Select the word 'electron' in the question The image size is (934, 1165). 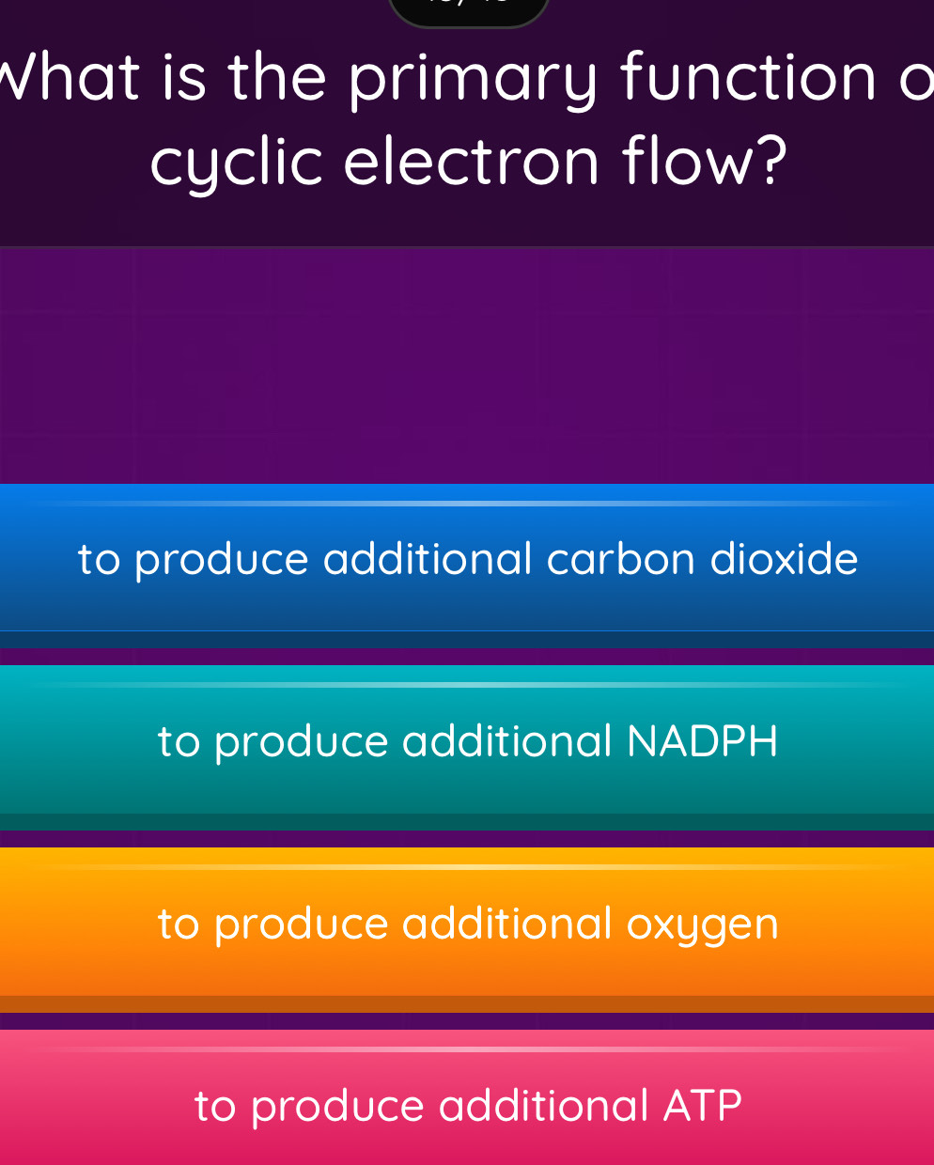point(471,163)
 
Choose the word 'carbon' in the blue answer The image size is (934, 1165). point(621,559)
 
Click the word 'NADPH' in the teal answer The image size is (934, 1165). point(703,741)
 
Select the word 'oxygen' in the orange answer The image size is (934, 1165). point(703,924)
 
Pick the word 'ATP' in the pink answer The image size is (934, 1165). point(703,1106)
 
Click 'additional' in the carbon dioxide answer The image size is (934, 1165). point(428,559)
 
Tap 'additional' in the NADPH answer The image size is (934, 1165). point(507,741)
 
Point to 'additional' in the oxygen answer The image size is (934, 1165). point(507,924)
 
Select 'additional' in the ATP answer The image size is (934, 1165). point(544,1106)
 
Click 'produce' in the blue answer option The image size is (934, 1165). point(222,561)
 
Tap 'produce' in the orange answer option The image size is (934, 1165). point(302,925)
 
